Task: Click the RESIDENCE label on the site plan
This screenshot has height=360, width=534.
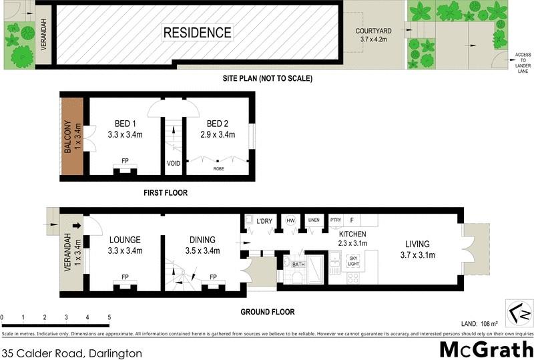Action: tap(198, 33)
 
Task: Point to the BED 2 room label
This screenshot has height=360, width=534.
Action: tap(218, 124)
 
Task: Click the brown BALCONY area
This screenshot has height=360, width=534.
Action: tap(72, 137)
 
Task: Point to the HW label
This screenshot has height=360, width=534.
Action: tap(291, 220)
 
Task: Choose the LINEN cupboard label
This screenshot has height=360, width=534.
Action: tap(314, 220)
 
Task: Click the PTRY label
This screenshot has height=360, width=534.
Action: tap(336, 220)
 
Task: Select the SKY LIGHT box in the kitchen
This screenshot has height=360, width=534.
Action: tap(354, 262)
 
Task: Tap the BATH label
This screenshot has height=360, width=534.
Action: tap(298, 265)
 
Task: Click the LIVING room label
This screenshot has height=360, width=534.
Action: tap(416, 244)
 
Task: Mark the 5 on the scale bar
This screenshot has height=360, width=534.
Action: tap(109, 317)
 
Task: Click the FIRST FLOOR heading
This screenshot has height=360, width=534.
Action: tap(165, 193)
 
